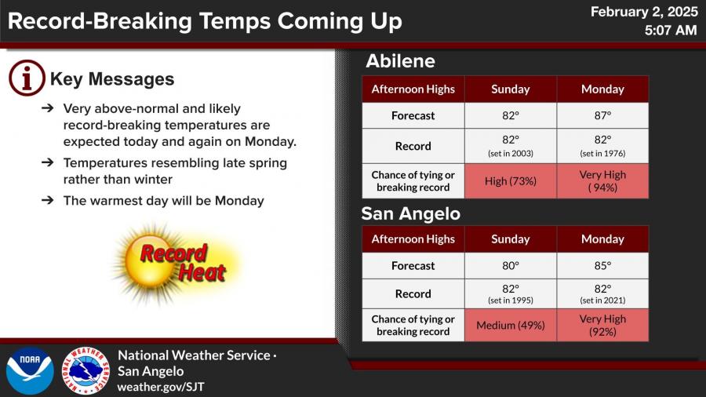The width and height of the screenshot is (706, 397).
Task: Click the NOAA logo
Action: pyautogui.click(x=30, y=371)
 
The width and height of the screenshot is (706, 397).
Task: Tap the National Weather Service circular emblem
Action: pyautogui.click(x=86, y=371)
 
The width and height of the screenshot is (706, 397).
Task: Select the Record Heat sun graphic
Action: pyautogui.click(x=176, y=264)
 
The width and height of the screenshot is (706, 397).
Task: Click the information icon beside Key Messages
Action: pyautogui.click(x=27, y=78)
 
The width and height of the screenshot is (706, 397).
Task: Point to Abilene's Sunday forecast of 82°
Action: pyautogui.click(x=511, y=115)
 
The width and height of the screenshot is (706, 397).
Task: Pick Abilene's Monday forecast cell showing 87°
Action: pyautogui.click(x=603, y=115)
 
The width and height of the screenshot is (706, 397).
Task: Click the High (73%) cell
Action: pyautogui.click(x=511, y=181)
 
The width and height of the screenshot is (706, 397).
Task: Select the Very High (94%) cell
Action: pyautogui.click(x=603, y=181)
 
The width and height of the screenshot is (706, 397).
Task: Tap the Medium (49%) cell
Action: pyautogui.click(x=511, y=325)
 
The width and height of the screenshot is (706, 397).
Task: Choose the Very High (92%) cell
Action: pyautogui.click(x=603, y=325)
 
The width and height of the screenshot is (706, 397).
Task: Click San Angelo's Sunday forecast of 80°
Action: pyautogui.click(x=511, y=265)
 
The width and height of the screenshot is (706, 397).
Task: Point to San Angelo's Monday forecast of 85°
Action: pyautogui.click(x=603, y=265)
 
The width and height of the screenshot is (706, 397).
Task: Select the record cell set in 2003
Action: pyautogui.click(x=511, y=146)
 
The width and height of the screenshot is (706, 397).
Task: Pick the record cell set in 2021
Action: pyautogui.click(x=603, y=293)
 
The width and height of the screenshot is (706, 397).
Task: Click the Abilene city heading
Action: pyautogui.click(x=400, y=61)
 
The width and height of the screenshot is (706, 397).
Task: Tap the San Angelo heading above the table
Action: pyautogui.click(x=410, y=214)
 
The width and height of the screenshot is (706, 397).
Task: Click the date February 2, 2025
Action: pyautogui.click(x=644, y=12)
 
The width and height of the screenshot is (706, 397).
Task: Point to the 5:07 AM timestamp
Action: pyautogui.click(x=671, y=30)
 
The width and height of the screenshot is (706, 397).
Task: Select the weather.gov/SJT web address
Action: pyautogui.click(x=161, y=387)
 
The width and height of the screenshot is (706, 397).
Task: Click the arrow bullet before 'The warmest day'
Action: pyautogui.click(x=47, y=200)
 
